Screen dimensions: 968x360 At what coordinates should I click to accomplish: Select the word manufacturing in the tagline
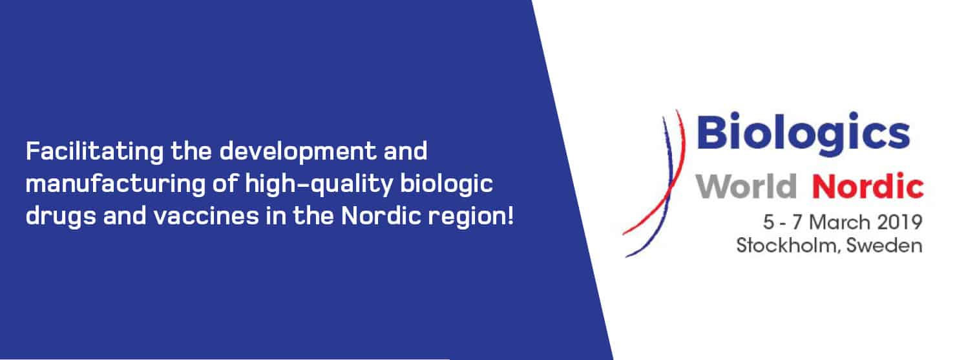[115, 184]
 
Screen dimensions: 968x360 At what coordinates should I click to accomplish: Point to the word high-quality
[319, 184]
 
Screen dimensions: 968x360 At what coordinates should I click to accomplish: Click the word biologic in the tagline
[447, 184]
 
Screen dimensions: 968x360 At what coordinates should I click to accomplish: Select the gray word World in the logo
[746, 186]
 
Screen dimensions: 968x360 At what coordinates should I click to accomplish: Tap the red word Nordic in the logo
[868, 186]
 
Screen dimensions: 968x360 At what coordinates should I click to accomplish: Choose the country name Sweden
[884, 245]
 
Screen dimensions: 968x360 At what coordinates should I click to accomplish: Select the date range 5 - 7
[782, 222]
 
